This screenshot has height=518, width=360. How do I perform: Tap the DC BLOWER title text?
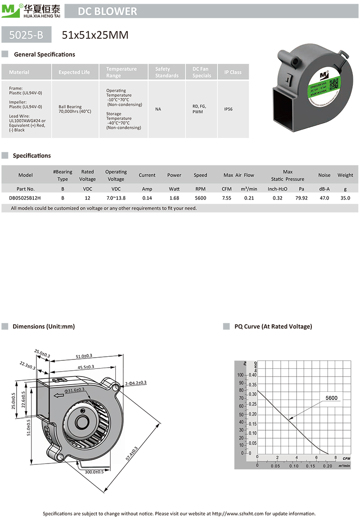click(x=108, y=11)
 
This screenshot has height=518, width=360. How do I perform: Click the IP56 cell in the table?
click(x=228, y=109)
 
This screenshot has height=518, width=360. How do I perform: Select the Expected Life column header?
click(x=74, y=72)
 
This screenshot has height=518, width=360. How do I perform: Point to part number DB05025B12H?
click(x=25, y=198)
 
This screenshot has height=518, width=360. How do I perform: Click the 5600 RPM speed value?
click(x=200, y=198)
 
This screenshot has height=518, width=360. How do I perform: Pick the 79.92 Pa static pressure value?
click(x=301, y=198)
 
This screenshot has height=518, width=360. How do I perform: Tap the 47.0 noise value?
click(x=324, y=198)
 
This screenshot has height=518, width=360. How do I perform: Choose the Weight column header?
click(x=345, y=175)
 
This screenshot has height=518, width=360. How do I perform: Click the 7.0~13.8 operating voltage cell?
click(x=116, y=198)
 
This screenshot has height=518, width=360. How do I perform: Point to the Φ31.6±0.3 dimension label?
click(x=75, y=390)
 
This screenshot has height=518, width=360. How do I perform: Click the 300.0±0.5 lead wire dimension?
click(x=94, y=472)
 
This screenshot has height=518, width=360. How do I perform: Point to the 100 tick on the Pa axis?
click(x=240, y=375)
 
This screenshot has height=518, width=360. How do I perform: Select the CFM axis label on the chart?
click(x=346, y=458)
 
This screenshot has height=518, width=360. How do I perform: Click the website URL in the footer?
click(x=237, y=513)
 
